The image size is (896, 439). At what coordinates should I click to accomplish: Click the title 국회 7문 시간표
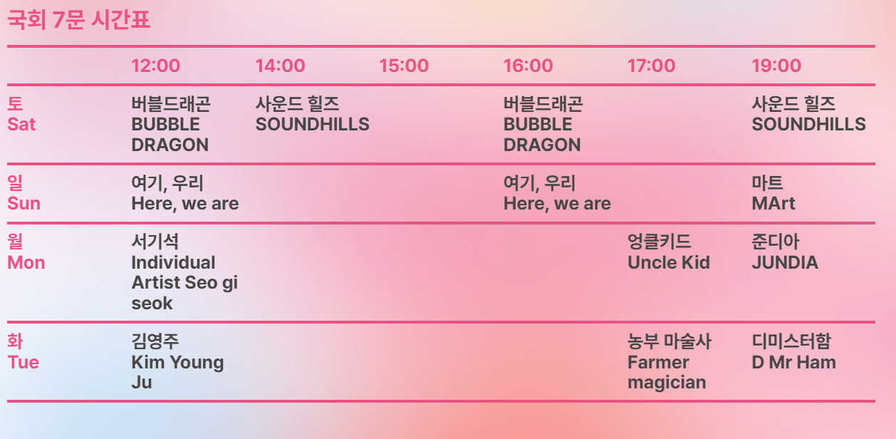click(78, 20)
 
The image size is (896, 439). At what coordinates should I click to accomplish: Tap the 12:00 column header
click(156, 66)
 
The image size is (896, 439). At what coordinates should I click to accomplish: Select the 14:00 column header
click(280, 66)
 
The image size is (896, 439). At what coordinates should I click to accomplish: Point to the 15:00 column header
click(404, 66)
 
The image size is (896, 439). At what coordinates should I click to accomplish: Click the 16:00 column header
click(528, 66)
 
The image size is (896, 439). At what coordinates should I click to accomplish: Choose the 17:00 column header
click(651, 66)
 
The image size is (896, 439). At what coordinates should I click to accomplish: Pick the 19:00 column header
click(776, 66)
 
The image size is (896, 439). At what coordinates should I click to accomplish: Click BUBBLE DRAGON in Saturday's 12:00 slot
click(170, 125)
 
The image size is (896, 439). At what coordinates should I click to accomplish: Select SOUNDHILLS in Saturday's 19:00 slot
click(808, 115)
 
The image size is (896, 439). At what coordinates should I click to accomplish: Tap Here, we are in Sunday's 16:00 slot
click(557, 194)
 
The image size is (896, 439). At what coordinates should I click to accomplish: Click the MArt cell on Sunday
click(773, 194)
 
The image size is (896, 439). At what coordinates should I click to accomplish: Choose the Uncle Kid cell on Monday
click(668, 253)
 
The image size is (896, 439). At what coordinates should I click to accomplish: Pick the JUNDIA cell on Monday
click(784, 253)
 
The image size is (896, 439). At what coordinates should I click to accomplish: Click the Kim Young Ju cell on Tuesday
click(177, 362)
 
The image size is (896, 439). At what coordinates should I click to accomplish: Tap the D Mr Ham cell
click(793, 352)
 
